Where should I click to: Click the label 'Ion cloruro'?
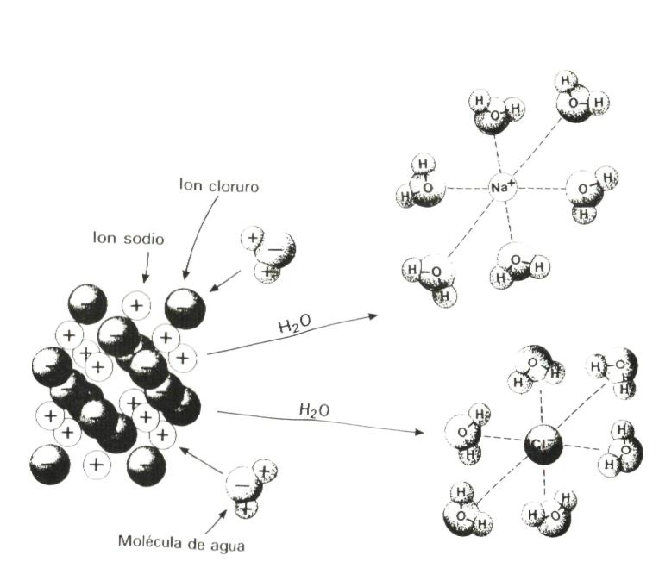coord(219,184)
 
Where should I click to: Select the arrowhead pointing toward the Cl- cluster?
coord(420,431)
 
